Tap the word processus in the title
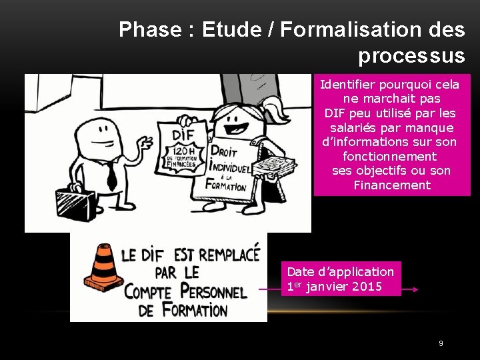(x=411, y=56)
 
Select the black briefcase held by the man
(x=75, y=203)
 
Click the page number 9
(x=441, y=343)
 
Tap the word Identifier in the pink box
(x=348, y=85)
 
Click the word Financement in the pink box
(x=392, y=185)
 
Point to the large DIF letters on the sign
(x=177, y=132)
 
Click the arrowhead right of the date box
(x=415, y=289)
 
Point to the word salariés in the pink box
(x=357, y=127)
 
